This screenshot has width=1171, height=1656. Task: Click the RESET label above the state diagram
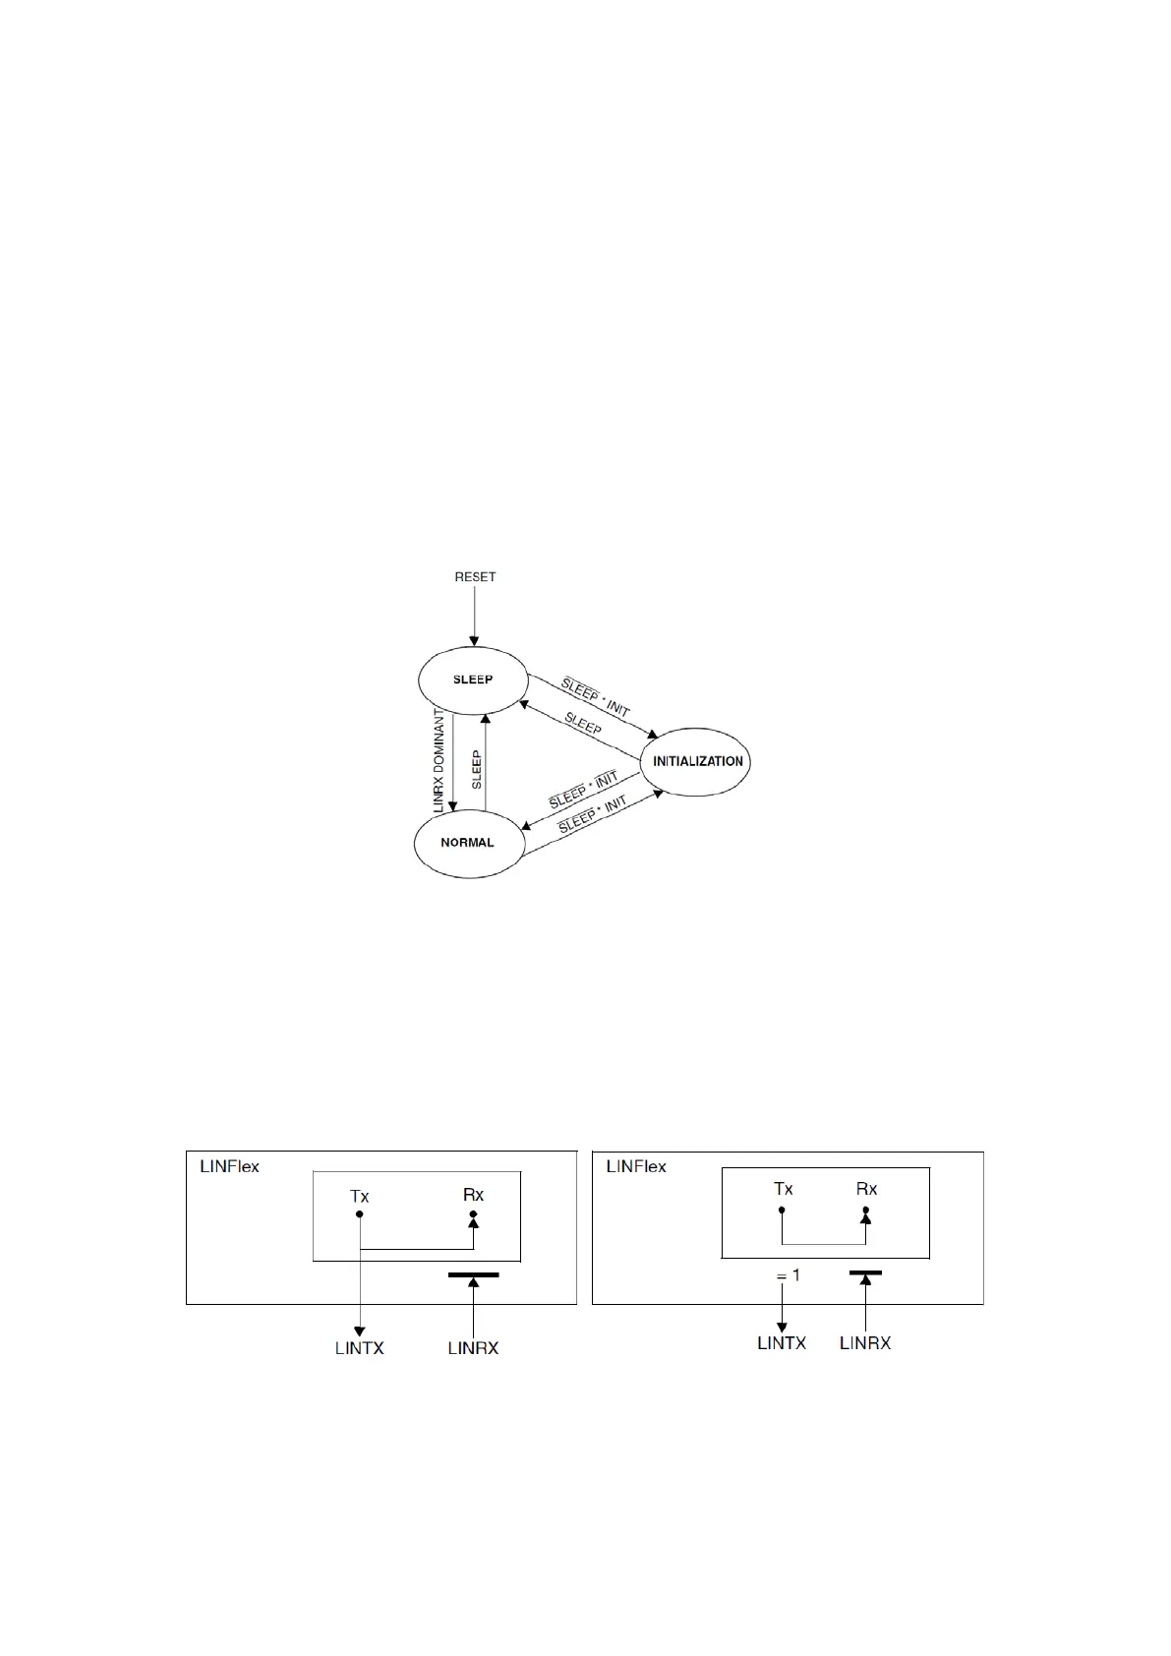pyautogui.click(x=475, y=577)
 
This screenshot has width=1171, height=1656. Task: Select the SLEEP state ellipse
pyautogui.click(x=473, y=680)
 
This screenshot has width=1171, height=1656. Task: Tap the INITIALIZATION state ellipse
pyautogui.click(x=698, y=761)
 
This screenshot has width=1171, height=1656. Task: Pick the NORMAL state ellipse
pyautogui.click(x=468, y=843)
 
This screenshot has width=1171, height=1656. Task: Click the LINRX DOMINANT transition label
pyautogui.click(x=439, y=758)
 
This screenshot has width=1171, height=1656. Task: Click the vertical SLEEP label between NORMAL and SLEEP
pyautogui.click(x=477, y=770)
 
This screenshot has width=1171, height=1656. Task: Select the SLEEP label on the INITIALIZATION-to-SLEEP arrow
pyautogui.click(x=583, y=725)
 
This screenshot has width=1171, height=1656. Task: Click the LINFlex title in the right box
pyautogui.click(x=636, y=1166)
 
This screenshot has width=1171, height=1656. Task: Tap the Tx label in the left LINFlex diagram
pyautogui.click(x=360, y=1197)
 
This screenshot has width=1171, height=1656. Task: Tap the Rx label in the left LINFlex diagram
pyautogui.click(x=473, y=1195)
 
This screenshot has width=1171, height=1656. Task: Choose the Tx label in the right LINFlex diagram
pyautogui.click(x=783, y=1189)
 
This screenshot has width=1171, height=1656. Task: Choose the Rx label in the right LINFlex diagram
pyautogui.click(x=866, y=1189)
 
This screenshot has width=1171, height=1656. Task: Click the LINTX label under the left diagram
pyautogui.click(x=360, y=1348)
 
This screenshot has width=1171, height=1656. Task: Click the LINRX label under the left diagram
pyautogui.click(x=473, y=1348)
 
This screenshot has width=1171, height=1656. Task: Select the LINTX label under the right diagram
pyautogui.click(x=782, y=1342)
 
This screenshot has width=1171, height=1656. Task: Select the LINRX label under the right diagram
pyautogui.click(x=865, y=1342)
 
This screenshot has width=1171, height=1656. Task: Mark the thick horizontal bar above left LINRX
pyautogui.click(x=473, y=1275)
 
